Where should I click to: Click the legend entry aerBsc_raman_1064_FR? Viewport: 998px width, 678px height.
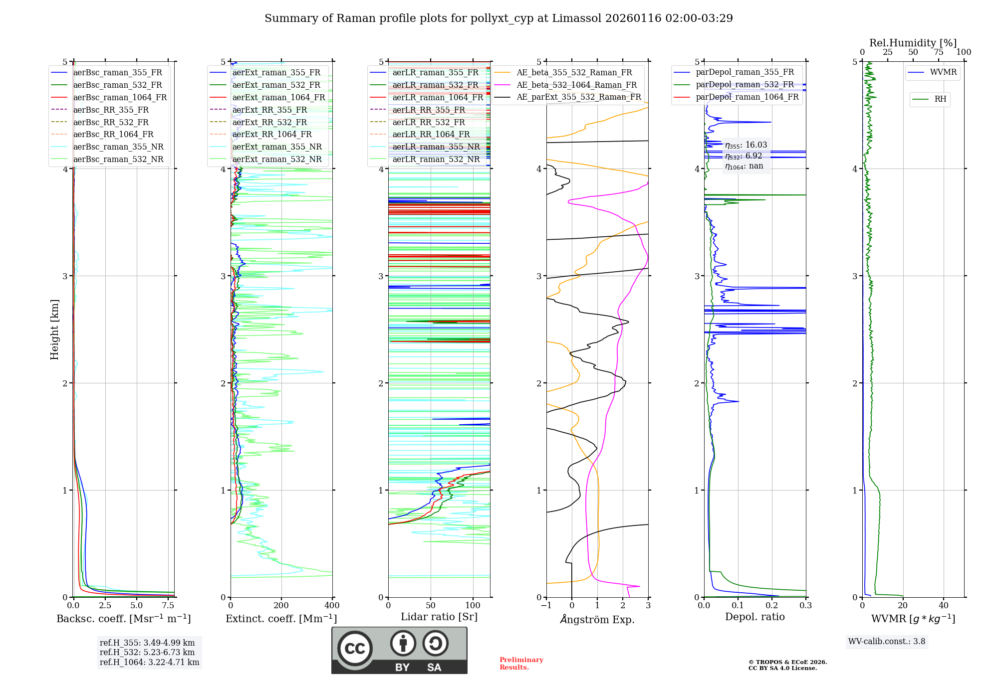point(120,98)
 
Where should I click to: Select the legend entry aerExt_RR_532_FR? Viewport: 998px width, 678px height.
point(269,122)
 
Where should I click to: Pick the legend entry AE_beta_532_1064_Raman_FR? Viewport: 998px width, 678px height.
point(576,85)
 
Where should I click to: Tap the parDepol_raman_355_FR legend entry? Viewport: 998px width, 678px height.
point(745,72)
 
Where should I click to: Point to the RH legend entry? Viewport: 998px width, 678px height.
point(940,99)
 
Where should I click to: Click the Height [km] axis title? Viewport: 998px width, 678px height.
point(54,330)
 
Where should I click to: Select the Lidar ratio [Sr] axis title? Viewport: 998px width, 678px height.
point(439,617)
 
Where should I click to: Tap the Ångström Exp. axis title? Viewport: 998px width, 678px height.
point(597,619)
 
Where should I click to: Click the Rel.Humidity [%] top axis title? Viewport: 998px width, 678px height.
point(913,43)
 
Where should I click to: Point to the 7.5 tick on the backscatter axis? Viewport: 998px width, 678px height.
point(168,606)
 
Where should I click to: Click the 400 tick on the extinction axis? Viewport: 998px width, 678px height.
point(332,606)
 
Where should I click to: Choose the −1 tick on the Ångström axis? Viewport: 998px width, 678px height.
point(546,606)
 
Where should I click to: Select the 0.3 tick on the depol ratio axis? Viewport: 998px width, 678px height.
point(806,606)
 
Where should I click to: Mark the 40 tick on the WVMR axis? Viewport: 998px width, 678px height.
point(944,606)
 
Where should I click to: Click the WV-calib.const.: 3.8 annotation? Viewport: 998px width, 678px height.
point(887,642)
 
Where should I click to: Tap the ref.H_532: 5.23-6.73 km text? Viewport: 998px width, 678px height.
point(147,653)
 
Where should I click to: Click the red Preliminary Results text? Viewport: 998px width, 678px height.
point(521,664)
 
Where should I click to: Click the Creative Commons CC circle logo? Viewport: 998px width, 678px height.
point(355,649)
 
